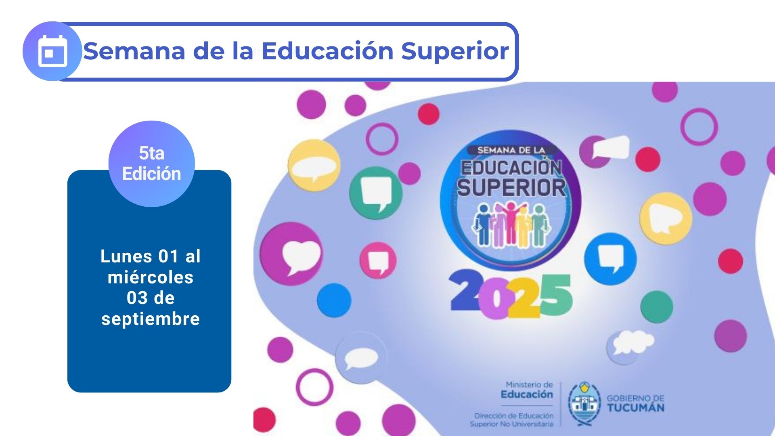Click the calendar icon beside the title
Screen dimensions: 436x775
52,51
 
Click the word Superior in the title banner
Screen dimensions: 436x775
455,51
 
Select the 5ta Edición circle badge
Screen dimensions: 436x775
152,163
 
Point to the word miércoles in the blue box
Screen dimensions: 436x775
151,277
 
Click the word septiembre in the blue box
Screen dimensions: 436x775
151,319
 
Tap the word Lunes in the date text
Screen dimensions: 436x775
126,256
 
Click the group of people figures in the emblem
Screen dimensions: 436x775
511,224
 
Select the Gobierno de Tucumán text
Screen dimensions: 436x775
635,403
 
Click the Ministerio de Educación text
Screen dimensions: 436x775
527,390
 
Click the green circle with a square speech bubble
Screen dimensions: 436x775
376,193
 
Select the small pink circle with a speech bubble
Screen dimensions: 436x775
378,260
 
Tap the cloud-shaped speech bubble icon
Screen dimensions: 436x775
630,343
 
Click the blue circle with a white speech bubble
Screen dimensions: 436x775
610,259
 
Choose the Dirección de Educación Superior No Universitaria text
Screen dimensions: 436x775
512,420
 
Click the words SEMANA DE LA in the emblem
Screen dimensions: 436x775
511,150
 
